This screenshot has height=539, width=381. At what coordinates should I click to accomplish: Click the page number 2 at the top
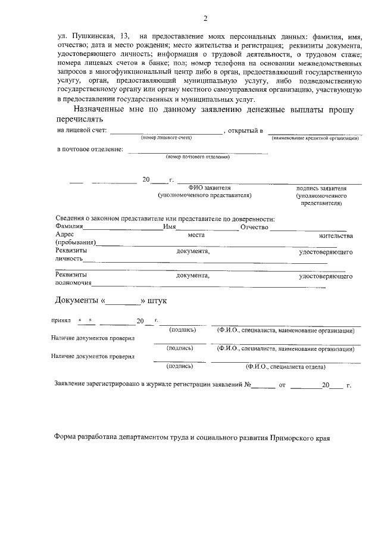tap(205, 18)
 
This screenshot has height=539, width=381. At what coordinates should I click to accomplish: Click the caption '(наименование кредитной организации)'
tap(315, 138)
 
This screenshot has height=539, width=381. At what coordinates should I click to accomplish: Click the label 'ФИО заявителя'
tap(205, 188)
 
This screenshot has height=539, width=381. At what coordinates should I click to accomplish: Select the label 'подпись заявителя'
tap(321, 188)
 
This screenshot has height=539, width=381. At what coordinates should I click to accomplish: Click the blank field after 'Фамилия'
tap(123, 227)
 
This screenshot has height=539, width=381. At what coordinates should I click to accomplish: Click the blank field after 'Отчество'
tap(308, 227)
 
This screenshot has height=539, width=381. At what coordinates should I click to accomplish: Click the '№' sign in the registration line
tap(248, 385)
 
